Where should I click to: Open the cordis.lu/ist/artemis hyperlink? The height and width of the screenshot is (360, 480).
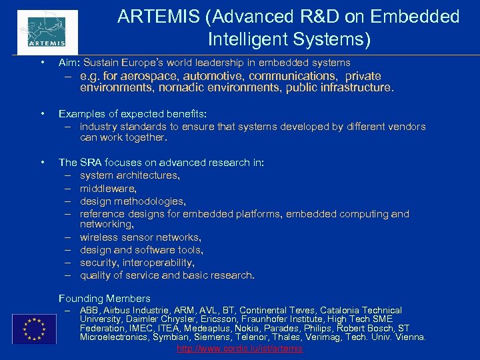pos(239,349)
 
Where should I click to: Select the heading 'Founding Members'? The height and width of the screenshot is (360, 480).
pos(105,298)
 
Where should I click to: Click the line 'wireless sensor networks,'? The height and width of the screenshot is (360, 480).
pos(140,237)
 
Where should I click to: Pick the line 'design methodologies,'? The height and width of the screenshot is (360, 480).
pos(133,201)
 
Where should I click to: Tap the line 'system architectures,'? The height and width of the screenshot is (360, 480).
pos(130,175)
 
